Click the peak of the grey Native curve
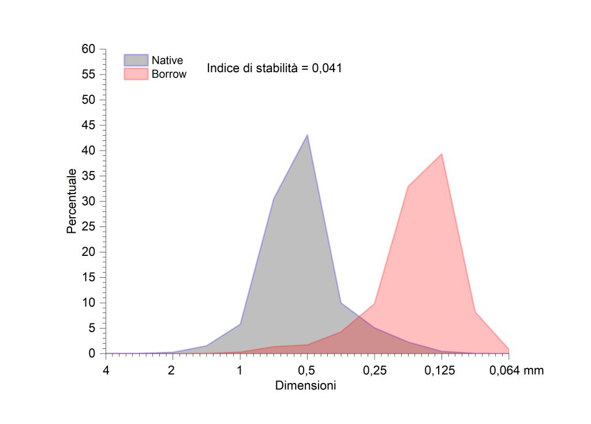click(307, 135)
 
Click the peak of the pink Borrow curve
click(442, 154)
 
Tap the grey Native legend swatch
click(136, 60)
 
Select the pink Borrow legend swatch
click(136, 74)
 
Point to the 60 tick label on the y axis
click(88, 49)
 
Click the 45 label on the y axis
click(88, 125)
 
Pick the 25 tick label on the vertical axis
click(88, 226)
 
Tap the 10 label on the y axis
click(88, 303)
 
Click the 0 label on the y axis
click(91, 354)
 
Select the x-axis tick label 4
click(106, 371)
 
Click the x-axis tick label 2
click(172, 371)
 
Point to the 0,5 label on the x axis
click(307, 371)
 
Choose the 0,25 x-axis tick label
click(374, 371)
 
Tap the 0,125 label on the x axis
click(442, 371)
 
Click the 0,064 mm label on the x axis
click(517, 371)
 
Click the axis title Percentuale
click(71, 201)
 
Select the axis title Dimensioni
click(306, 385)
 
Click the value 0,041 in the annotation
click(327, 68)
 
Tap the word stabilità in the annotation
click(274, 68)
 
